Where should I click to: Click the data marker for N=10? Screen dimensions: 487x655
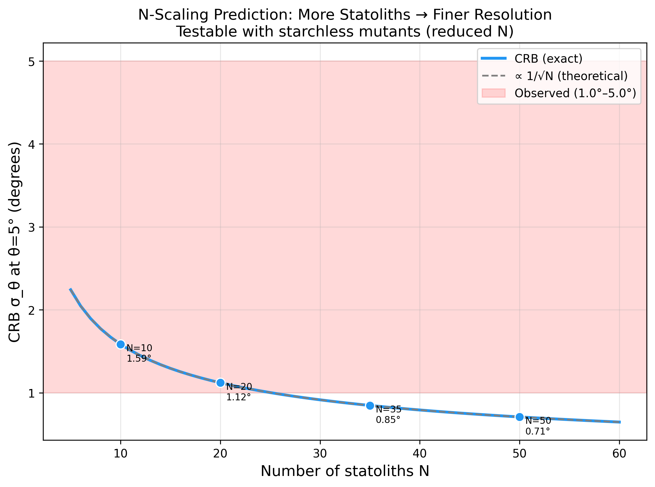point(121,344)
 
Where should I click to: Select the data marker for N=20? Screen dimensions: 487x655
point(220,383)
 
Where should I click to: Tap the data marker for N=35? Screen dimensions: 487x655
point(370,406)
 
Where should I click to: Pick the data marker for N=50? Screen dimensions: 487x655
point(520,417)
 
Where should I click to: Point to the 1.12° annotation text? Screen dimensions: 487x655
point(238,397)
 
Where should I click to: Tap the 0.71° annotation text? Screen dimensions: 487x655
point(537,432)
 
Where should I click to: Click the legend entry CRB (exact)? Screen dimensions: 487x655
point(548,59)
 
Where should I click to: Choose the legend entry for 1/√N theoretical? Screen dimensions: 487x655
point(571,76)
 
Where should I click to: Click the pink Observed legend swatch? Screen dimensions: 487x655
point(494,93)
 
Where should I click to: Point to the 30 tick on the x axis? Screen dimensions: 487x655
point(320,454)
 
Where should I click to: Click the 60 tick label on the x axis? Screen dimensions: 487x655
point(619,454)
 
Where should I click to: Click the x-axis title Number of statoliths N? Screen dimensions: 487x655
point(345,471)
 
